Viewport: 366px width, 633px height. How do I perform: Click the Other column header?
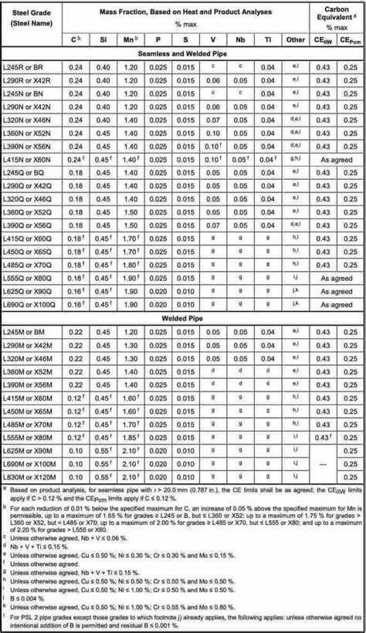[295, 39]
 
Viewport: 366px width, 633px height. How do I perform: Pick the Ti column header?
[267, 39]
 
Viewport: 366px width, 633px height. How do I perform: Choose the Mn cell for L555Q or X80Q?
[130, 276]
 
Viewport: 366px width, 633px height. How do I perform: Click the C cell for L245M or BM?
[75, 331]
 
